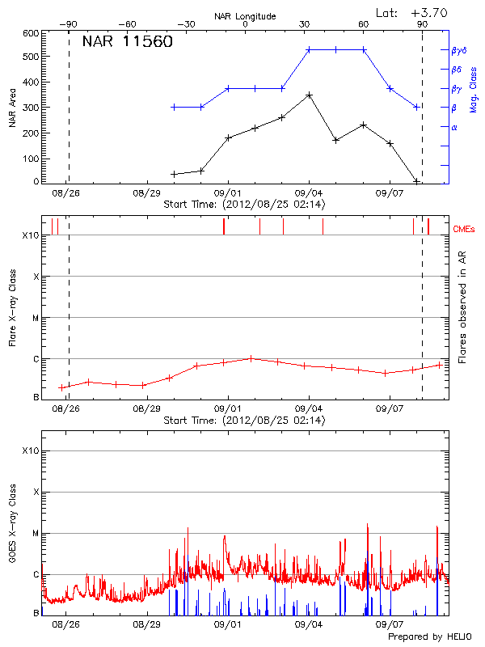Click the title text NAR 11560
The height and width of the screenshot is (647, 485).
coord(127,43)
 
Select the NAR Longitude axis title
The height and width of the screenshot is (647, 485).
coord(245,16)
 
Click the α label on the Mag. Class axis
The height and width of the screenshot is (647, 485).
coord(454,127)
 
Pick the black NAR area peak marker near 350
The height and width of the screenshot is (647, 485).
coord(309,95)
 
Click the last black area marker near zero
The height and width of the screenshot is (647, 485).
coord(416,181)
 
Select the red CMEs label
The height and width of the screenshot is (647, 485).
coord(466,230)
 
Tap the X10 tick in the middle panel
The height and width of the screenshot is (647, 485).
coord(31,236)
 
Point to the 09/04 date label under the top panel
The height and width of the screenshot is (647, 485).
coord(309,194)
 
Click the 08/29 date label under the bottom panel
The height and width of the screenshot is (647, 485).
coord(146,624)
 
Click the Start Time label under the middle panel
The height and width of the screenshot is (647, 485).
coord(244,421)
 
